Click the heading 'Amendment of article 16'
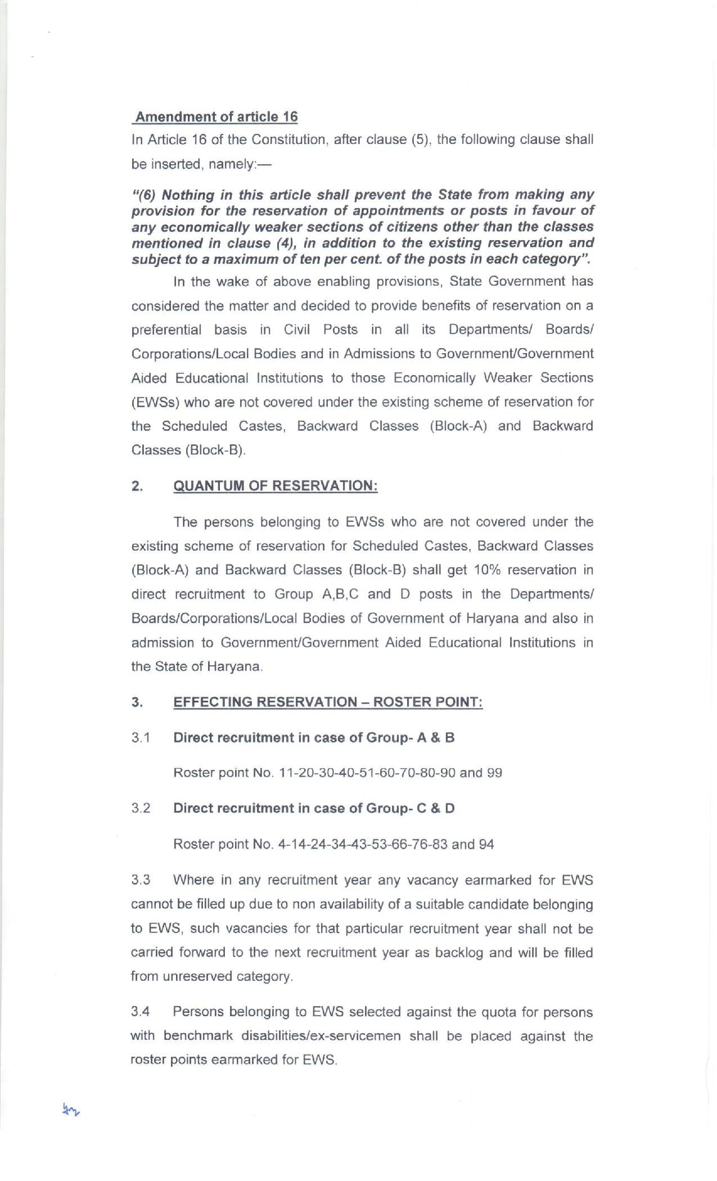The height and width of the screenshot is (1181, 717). (217, 116)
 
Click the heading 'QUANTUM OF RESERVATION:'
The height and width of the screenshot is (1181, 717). (276, 486)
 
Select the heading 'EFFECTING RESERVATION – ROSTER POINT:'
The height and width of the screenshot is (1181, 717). (328, 702)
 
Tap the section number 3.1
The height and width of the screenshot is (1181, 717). (141, 738)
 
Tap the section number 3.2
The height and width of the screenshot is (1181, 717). (141, 808)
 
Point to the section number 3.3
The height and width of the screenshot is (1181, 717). (141, 880)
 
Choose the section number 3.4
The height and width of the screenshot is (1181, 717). (141, 1012)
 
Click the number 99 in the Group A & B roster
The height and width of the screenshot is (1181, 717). (494, 773)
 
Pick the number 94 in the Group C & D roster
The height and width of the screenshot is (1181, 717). (486, 844)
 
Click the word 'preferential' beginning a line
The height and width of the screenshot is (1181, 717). (166, 330)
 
